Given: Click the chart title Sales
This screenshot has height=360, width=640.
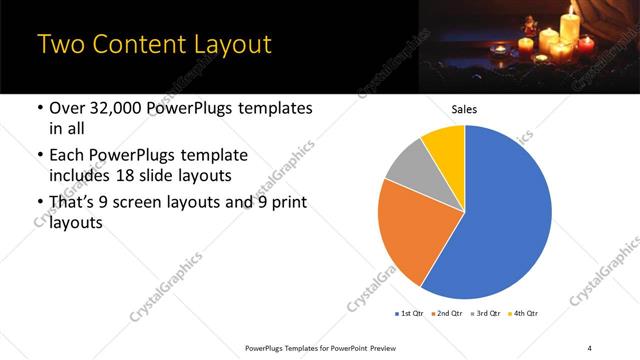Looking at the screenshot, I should click(465, 109).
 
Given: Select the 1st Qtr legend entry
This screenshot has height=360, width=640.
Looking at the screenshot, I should click(410, 314).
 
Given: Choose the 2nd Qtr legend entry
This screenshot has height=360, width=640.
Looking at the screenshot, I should click(448, 314).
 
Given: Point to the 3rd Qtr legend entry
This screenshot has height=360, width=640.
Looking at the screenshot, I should click(486, 314).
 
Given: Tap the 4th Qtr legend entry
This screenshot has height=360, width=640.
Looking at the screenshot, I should click(524, 314).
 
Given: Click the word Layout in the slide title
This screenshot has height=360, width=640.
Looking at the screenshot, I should click(227, 45).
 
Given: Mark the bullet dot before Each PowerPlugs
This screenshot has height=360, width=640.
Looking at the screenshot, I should click(39, 156).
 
